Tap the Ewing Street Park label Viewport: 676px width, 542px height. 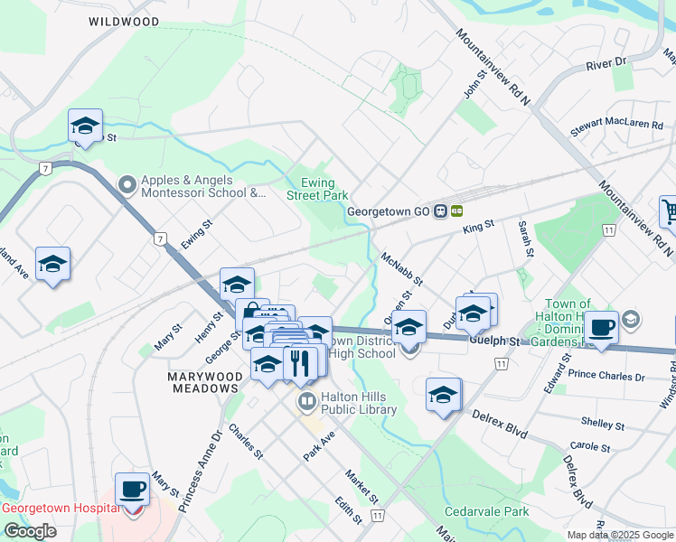[317, 190]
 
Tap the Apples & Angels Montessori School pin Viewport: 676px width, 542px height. [127, 185]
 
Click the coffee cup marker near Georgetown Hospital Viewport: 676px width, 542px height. [133, 489]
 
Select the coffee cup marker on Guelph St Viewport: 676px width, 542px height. [601, 326]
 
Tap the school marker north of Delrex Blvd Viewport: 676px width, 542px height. [443, 395]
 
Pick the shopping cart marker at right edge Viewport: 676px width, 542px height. [669, 213]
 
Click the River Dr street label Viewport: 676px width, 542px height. [606, 64]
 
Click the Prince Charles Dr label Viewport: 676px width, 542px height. [606, 376]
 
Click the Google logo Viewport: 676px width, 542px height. [29, 531]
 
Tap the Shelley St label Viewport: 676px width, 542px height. [603, 424]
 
